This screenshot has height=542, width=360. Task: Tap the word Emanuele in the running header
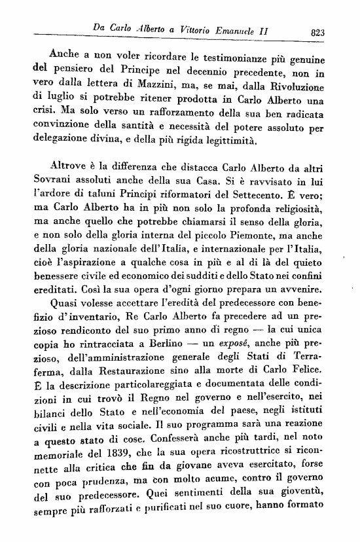(242, 31)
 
